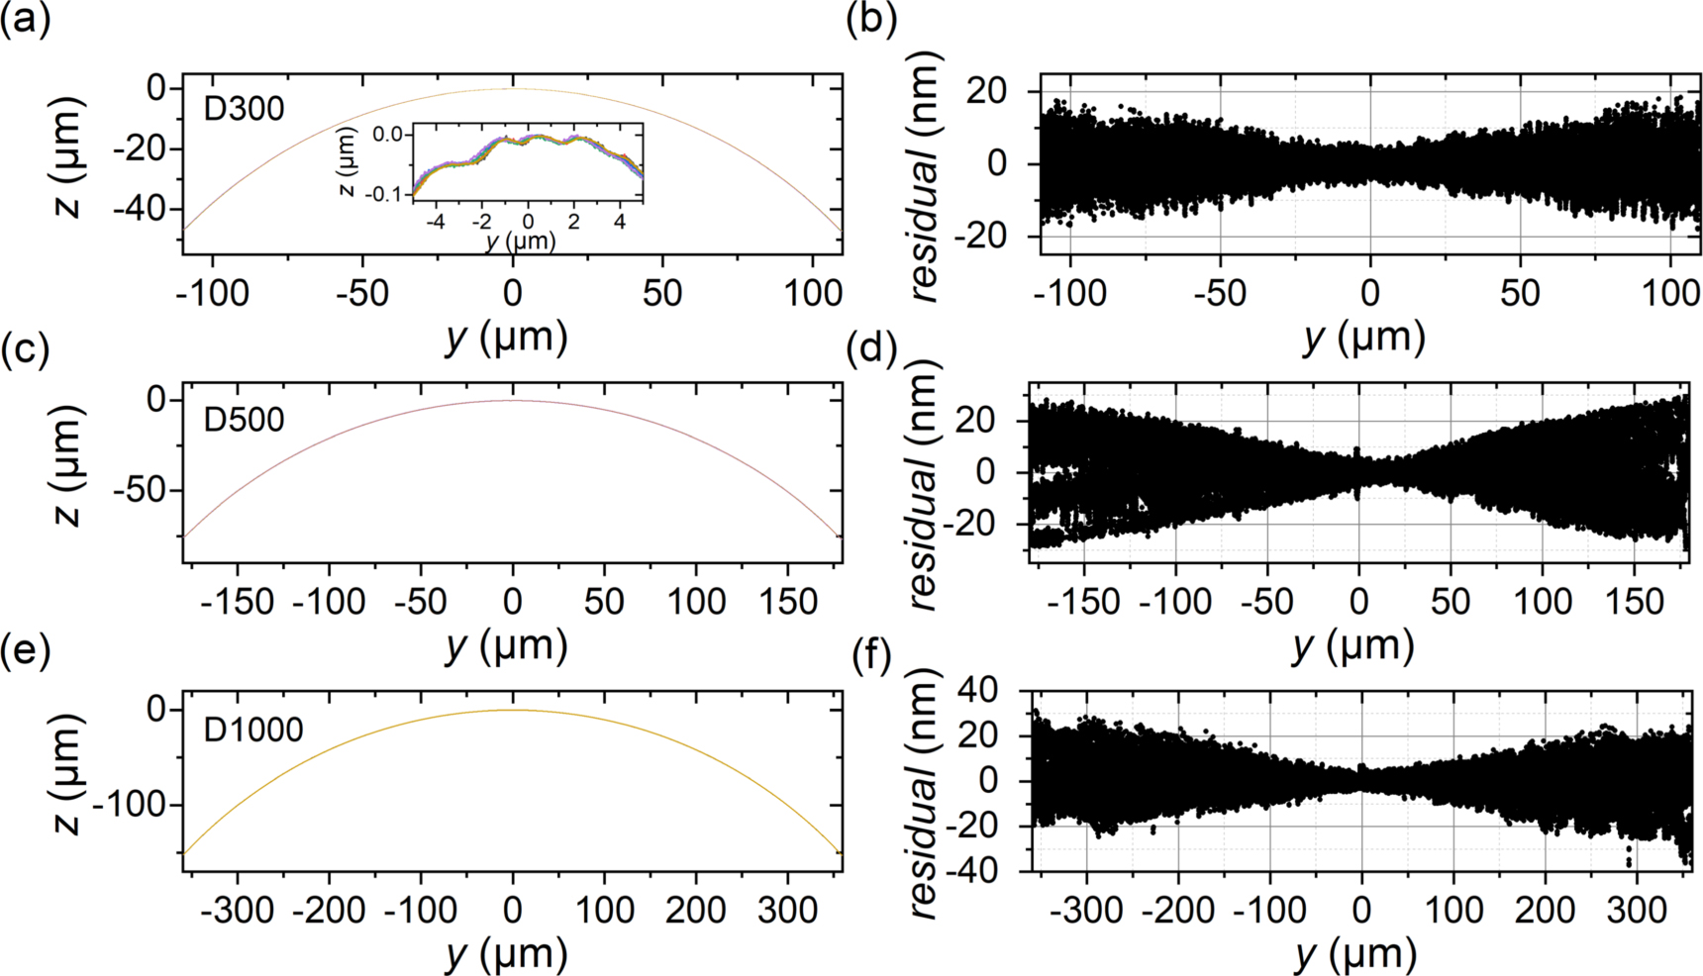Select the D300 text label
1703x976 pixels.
pos(244,108)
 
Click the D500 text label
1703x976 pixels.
pos(244,420)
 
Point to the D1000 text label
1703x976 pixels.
pos(253,731)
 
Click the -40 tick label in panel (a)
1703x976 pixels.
pos(141,210)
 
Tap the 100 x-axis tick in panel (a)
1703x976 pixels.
pos(813,293)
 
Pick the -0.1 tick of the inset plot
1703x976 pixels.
pos(387,194)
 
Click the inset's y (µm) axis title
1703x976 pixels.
pos(521,241)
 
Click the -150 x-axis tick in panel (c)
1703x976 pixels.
pos(237,602)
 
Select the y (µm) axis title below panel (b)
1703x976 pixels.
pos(1364,338)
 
